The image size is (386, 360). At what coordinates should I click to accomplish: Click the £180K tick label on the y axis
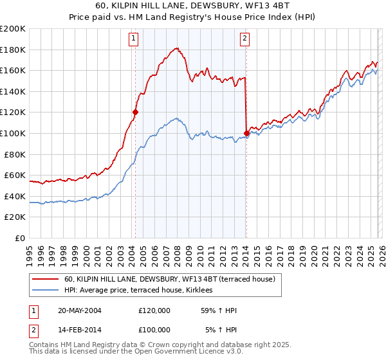[x=13, y=50]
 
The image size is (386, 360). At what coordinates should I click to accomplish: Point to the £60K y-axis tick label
[x=15, y=175]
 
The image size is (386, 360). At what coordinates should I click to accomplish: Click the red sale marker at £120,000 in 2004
[x=135, y=112]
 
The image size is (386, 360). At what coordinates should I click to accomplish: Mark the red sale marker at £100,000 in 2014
[x=246, y=133]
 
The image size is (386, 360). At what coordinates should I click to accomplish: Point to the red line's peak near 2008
[x=176, y=48]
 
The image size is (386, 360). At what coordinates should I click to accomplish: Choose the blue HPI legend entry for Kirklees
[x=142, y=291]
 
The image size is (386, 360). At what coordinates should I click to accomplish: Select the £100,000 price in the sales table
[x=154, y=329]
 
